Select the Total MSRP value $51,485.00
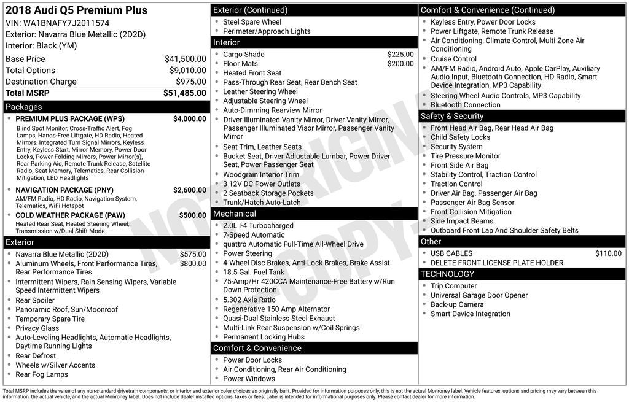point(184,93)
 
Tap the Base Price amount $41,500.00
point(185,59)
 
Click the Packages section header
point(24,107)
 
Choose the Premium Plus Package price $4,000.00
point(189,118)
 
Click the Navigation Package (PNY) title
point(64,190)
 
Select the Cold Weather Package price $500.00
point(192,215)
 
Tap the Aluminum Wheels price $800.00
point(192,264)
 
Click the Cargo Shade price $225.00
point(400,54)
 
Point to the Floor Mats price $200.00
point(400,64)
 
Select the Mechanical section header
point(234,214)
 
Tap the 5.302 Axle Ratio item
point(249,300)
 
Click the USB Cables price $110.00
point(608,253)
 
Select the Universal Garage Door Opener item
point(479,295)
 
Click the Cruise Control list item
point(453,59)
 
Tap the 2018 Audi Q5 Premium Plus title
point(76,10)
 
